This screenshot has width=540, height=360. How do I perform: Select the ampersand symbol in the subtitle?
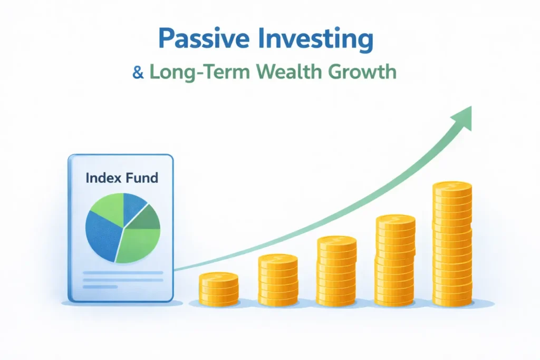click(x=138, y=72)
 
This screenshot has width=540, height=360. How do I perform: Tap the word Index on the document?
click(x=102, y=178)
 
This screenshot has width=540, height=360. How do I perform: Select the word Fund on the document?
click(x=141, y=178)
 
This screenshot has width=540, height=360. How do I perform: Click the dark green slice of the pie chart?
click(x=147, y=217)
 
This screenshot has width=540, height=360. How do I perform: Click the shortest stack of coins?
click(x=219, y=287)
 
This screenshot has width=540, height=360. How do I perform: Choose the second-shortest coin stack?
click(x=278, y=279)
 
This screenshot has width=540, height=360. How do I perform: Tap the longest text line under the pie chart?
click(x=122, y=273)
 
